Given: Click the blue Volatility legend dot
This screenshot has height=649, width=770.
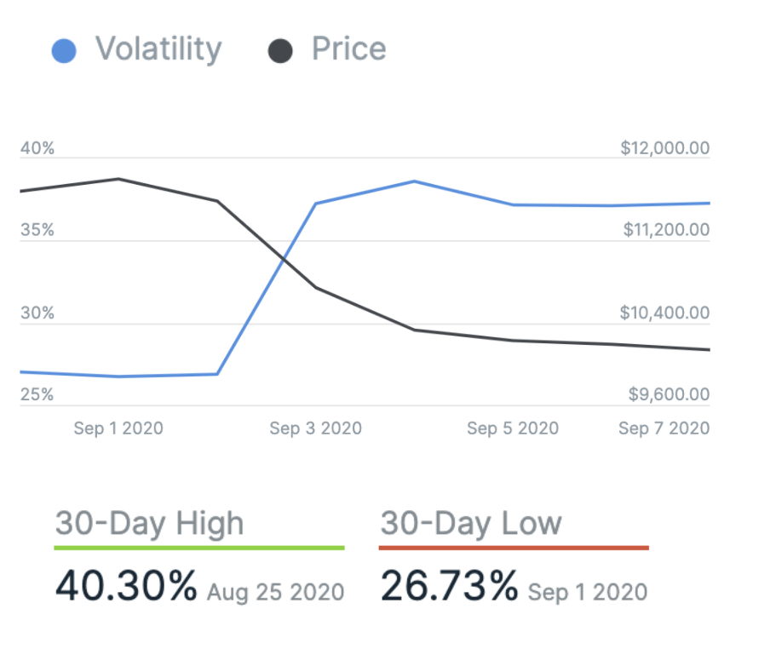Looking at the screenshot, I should (64, 51).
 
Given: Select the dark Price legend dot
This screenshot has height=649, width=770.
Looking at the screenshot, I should (280, 51).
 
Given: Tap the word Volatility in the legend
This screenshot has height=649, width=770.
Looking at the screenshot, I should (158, 49).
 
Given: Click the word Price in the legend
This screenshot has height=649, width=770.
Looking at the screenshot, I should (348, 49).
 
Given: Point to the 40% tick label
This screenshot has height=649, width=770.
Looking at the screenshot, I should (37, 149).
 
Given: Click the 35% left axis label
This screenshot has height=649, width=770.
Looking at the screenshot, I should (37, 231).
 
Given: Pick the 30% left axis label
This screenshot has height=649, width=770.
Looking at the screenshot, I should (37, 313).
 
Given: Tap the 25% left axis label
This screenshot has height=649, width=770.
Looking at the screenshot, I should (37, 395).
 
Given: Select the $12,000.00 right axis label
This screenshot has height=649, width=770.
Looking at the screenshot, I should (664, 149).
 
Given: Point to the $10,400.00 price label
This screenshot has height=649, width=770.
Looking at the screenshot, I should (664, 313).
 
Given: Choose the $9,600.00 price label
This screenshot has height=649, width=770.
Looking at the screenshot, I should (669, 395).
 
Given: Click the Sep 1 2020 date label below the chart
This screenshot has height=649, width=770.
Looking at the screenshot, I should (118, 428).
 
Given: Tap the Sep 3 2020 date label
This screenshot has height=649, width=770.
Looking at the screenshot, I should (315, 428).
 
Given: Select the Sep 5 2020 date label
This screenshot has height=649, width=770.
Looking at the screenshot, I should (513, 428).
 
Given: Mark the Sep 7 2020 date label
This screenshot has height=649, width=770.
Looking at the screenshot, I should (664, 428).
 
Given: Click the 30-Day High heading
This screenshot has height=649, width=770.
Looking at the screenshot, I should (149, 523).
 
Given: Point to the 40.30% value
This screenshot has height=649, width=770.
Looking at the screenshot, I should (126, 586).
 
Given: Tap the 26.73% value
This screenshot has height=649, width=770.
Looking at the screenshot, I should (449, 586).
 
